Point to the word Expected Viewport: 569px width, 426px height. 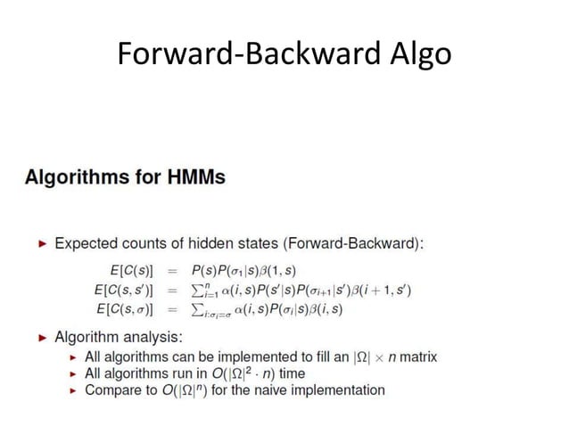87,243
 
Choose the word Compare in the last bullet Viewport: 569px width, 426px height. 111,390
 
